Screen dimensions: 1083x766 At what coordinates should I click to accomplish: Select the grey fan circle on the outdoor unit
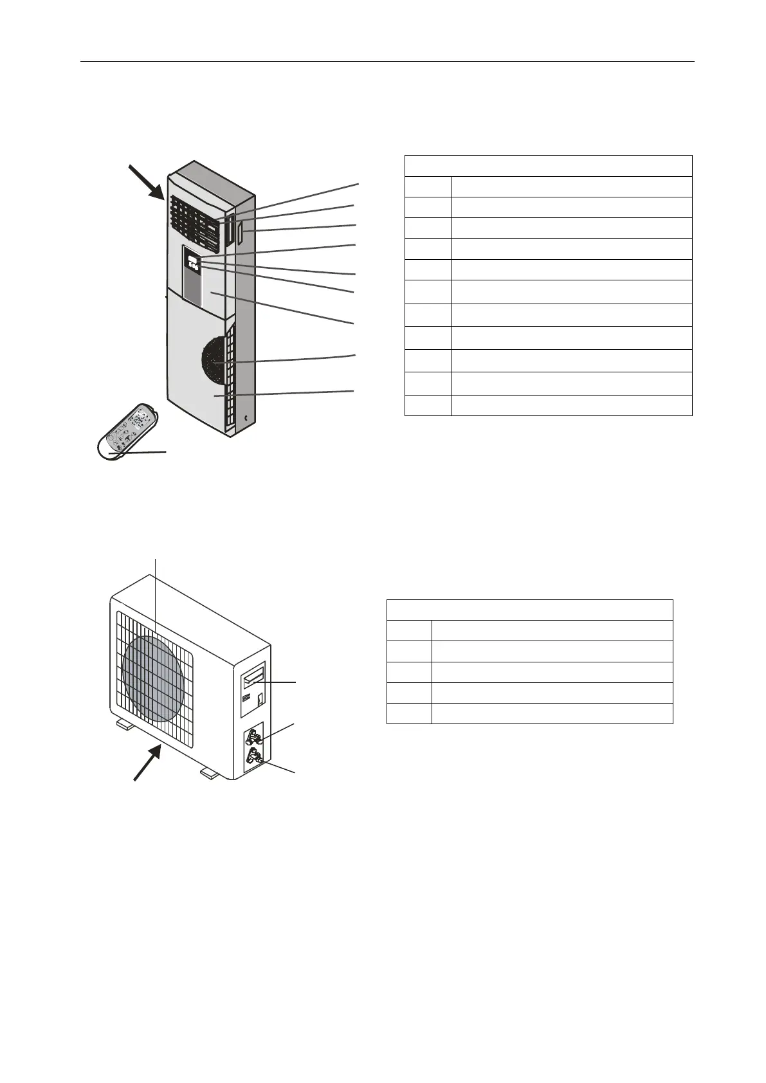click(154, 678)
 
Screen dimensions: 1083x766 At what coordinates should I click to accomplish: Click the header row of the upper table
click(548, 166)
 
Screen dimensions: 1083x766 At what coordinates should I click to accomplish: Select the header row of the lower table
click(529, 610)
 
